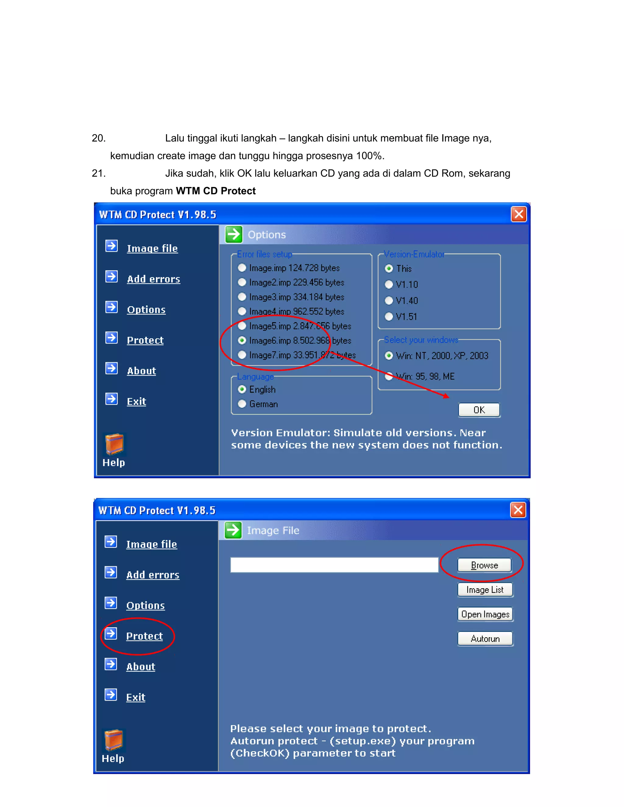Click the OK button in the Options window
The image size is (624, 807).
(x=479, y=410)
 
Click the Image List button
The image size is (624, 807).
(x=485, y=590)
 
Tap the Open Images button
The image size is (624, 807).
(x=485, y=614)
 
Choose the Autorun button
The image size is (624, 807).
(x=485, y=639)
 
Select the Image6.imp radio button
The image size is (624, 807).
(x=242, y=340)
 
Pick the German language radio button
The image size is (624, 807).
(x=242, y=404)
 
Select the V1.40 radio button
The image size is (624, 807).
(x=389, y=300)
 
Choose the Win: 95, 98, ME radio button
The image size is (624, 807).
(x=389, y=376)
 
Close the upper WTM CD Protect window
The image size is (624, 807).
(x=519, y=214)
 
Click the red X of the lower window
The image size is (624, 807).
(x=518, y=510)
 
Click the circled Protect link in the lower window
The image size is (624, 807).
(x=144, y=636)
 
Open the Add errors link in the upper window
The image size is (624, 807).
(x=154, y=279)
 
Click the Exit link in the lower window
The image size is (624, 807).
(x=136, y=697)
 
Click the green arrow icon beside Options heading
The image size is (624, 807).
(x=234, y=234)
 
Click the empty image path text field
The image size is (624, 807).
(x=334, y=565)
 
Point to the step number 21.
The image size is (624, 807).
(x=99, y=173)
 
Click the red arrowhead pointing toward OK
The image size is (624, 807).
(x=446, y=396)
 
